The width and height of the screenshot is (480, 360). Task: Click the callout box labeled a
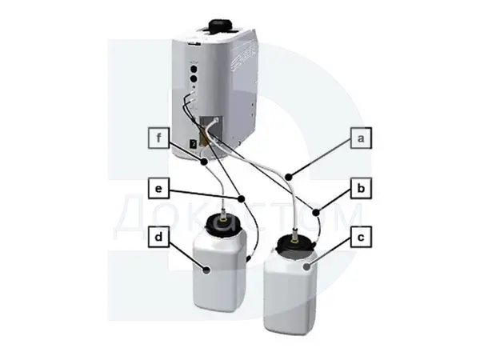(x=362, y=138)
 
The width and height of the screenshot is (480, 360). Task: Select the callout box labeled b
(x=362, y=188)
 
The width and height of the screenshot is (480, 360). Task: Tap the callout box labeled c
(x=362, y=237)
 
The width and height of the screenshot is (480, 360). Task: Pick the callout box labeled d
(x=158, y=237)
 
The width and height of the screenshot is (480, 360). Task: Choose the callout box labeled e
(x=158, y=188)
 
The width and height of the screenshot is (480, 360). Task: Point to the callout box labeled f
(x=158, y=138)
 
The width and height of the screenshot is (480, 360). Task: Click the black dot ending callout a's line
(x=288, y=177)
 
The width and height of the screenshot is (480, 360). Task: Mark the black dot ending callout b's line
(x=316, y=212)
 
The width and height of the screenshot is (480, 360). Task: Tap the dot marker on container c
(x=306, y=267)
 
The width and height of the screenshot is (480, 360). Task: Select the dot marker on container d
(x=207, y=270)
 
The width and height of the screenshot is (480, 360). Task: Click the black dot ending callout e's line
(x=242, y=198)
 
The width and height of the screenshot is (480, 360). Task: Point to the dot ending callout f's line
(x=204, y=162)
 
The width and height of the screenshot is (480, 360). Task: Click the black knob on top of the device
(x=219, y=25)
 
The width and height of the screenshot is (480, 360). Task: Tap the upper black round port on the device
(x=194, y=68)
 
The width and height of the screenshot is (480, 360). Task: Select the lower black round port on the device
(x=194, y=79)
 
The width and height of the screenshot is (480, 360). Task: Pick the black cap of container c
(x=295, y=244)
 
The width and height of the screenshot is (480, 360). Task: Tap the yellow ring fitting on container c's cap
(x=295, y=240)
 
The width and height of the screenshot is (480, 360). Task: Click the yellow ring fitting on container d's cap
(x=224, y=219)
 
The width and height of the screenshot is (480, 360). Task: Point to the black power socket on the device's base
(x=194, y=143)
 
